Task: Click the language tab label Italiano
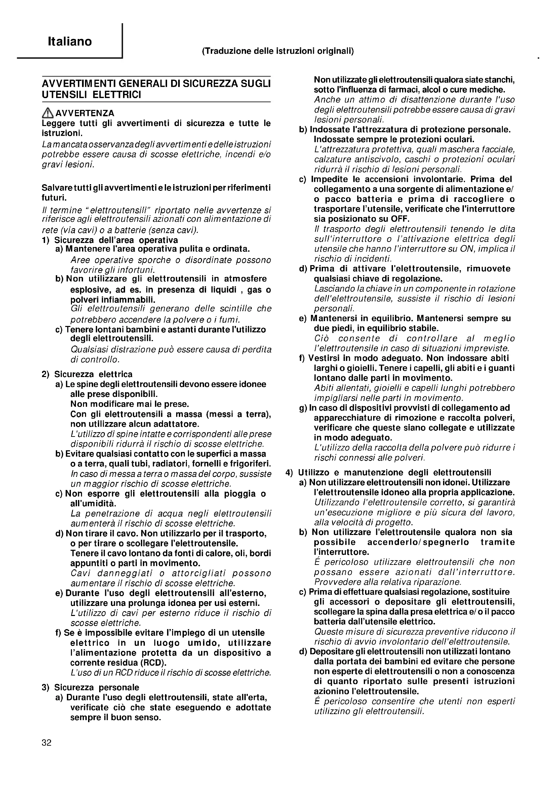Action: coord(70,41)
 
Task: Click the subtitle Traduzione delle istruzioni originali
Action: coord(278,51)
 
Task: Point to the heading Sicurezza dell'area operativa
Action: coord(116,240)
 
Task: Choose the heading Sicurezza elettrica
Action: coord(93,374)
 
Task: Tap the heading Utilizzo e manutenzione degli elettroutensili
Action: coord(394,472)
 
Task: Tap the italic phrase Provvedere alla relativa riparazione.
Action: coord(388,582)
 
